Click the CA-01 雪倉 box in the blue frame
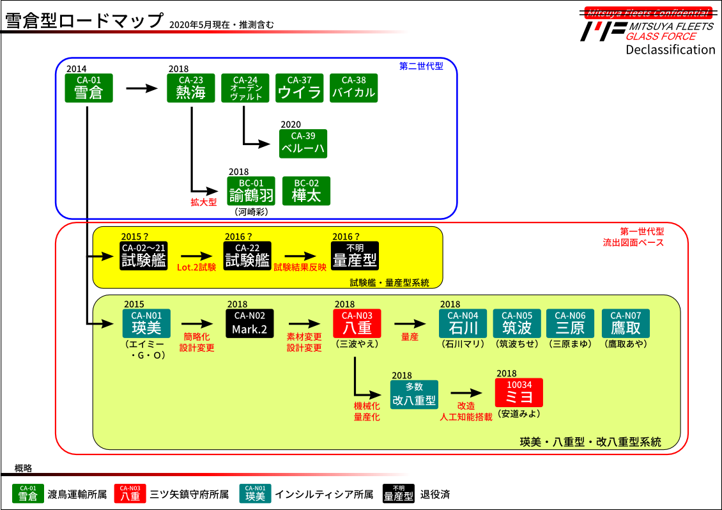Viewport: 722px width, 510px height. [x=89, y=88]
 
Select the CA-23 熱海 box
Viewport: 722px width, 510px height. [x=191, y=88]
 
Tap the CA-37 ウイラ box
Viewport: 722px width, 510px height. [x=299, y=88]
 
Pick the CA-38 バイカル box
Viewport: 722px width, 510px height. [x=353, y=88]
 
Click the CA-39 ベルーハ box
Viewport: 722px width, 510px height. [x=303, y=144]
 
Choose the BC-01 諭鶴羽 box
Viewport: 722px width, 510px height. [x=251, y=191]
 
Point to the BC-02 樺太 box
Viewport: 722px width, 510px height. [x=306, y=191]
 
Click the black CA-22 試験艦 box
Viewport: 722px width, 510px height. [x=247, y=256]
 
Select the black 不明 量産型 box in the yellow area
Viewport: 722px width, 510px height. [x=355, y=256]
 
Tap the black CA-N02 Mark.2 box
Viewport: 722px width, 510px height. [x=249, y=324]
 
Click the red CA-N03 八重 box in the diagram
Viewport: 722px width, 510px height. [x=357, y=324]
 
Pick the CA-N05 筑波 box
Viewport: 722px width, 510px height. [x=517, y=324]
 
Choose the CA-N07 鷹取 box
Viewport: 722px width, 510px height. [x=626, y=324]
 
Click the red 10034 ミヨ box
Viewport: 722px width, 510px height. [x=519, y=392]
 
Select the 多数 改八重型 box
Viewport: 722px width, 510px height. [x=414, y=394]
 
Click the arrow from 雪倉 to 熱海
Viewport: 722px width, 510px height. [x=141, y=88]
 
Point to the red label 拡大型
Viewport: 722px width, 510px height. [x=204, y=202]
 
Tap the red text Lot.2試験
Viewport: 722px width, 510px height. [x=196, y=267]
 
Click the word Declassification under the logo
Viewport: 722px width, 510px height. [x=670, y=50]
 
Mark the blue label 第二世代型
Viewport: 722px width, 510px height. [x=421, y=66]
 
